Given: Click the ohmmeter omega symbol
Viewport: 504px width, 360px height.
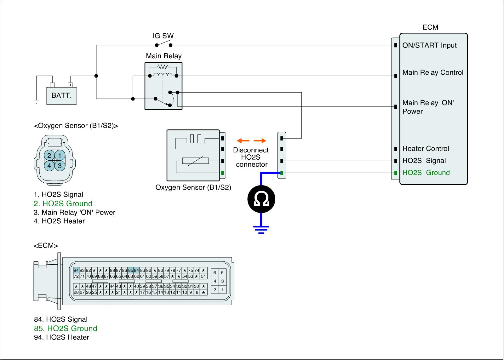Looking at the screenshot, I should pos(261,199).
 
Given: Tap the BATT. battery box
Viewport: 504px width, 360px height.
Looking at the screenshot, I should pos(61,95).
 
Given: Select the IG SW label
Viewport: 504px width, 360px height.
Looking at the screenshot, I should pos(163,36).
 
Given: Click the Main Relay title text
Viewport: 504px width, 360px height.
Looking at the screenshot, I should pos(163,56).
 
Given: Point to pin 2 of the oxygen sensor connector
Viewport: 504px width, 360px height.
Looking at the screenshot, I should pos(49,155).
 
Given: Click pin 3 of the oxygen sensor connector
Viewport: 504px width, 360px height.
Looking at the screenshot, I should pos(60,165).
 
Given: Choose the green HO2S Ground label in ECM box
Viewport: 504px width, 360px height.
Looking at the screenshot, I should pos(426,173).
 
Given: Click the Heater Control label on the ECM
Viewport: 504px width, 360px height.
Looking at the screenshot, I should pos(426,148).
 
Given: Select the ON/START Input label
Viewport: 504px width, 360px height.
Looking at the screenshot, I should pos(429,45).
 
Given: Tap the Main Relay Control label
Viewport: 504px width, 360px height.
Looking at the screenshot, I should pos(432,72).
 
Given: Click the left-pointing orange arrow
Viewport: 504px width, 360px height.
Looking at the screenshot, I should pos(243,140).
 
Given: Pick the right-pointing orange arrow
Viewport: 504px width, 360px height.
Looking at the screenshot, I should pos(260,140).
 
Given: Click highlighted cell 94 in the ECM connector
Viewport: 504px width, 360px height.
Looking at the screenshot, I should pos(76,270).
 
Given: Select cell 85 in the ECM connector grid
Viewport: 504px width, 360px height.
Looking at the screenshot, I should pos(130,270).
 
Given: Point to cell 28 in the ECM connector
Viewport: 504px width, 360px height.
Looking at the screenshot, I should pos(76,292).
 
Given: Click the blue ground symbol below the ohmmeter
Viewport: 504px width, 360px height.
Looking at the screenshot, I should pos(261,229).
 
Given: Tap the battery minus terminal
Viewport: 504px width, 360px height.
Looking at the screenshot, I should pos(53,85).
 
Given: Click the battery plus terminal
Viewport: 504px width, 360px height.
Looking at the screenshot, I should pos(71,85).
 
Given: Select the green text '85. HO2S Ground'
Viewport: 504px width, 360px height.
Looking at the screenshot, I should pos(66,328).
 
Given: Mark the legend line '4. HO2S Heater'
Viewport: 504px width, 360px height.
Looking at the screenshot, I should pos(59,221).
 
